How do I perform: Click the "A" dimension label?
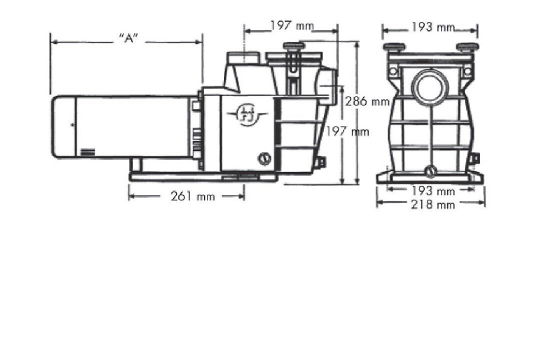coord(129,38)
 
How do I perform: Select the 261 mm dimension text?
coord(192,196)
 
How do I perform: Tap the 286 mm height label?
coord(367,101)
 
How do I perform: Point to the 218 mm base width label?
coord(433,204)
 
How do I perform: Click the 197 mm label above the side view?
coord(292,25)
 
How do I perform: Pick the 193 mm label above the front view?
coord(433,27)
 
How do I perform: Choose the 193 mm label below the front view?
coord(433,191)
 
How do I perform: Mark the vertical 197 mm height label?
coord(347,131)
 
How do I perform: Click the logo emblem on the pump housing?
coord(246,114)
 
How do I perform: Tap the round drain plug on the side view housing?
coord(264,158)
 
